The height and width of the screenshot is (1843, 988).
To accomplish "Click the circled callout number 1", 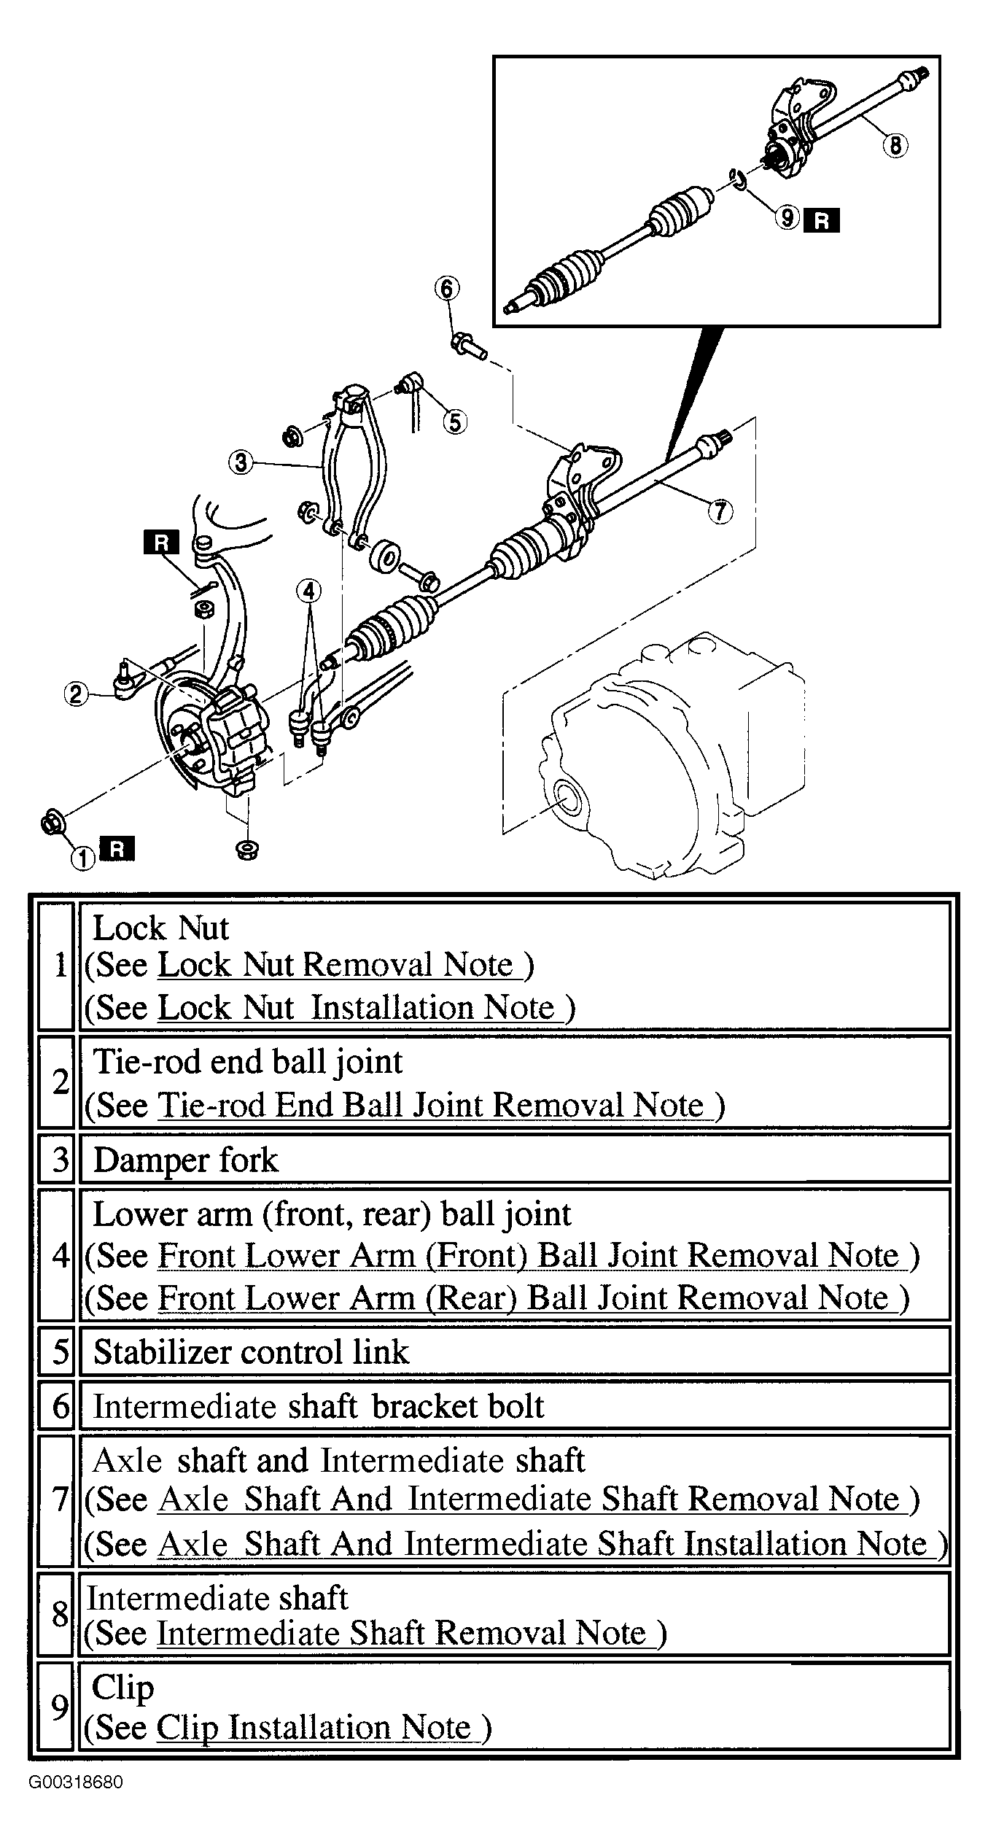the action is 83,858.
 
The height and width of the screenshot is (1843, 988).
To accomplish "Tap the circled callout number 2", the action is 76,693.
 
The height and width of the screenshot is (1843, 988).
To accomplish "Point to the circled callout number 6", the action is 447,289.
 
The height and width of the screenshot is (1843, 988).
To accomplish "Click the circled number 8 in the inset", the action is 895,145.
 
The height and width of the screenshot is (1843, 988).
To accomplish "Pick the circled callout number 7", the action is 720,511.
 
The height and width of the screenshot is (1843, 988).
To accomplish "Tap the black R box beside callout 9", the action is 821,220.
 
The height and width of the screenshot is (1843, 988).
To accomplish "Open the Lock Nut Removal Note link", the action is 340,965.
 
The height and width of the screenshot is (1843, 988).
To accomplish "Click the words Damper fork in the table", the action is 186,1160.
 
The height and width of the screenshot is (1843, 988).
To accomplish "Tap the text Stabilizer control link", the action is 252,1351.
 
